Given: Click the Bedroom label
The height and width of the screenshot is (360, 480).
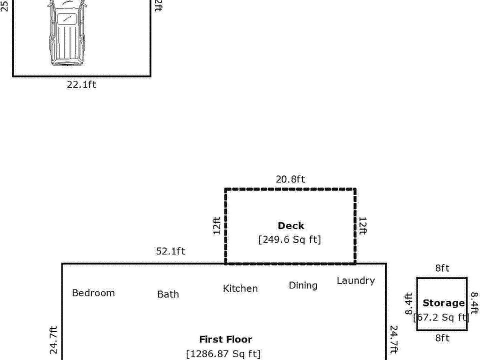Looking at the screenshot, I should point(93,293).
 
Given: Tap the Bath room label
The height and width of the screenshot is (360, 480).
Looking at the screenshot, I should point(168,294).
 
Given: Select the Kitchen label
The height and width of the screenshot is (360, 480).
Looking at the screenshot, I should point(240,288).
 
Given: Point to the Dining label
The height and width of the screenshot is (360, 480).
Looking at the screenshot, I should point(303,285).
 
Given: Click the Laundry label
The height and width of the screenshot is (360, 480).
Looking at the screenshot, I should point(355,280).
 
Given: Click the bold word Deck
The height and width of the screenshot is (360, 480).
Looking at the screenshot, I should point(290,226).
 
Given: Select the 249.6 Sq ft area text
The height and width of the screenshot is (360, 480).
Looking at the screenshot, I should point(289,239).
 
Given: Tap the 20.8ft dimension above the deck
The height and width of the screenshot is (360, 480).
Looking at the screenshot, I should point(290,179).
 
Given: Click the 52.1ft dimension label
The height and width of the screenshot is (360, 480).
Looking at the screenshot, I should point(170,251).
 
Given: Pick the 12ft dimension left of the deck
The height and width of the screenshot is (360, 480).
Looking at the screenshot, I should point(217,226).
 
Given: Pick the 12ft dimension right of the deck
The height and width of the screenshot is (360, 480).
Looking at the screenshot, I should point(363,226).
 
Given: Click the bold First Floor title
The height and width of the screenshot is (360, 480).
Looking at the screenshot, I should point(225,339).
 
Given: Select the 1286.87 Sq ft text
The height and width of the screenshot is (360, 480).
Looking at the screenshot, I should point(223,354).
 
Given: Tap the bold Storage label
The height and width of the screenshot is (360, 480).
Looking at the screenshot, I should point(443,303).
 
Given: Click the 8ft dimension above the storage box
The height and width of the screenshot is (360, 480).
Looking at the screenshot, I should point(442,268).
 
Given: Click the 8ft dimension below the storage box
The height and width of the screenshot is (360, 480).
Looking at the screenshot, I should point(442,338).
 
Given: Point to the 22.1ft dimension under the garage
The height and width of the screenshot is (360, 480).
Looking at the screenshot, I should point(81,84).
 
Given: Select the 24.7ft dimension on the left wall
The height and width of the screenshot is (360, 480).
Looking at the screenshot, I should point(54,340).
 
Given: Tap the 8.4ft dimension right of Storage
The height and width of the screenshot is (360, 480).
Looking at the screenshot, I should point(474,303).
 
